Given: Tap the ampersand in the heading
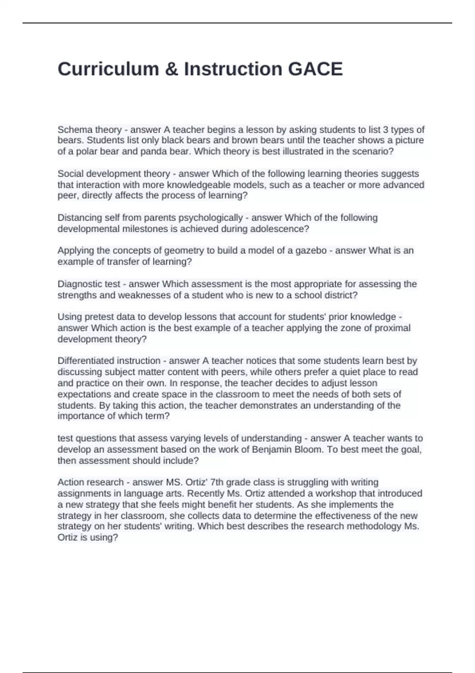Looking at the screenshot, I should (x=171, y=69).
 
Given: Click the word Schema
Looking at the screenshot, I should (x=75, y=129).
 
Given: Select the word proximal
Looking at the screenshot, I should (x=392, y=328).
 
